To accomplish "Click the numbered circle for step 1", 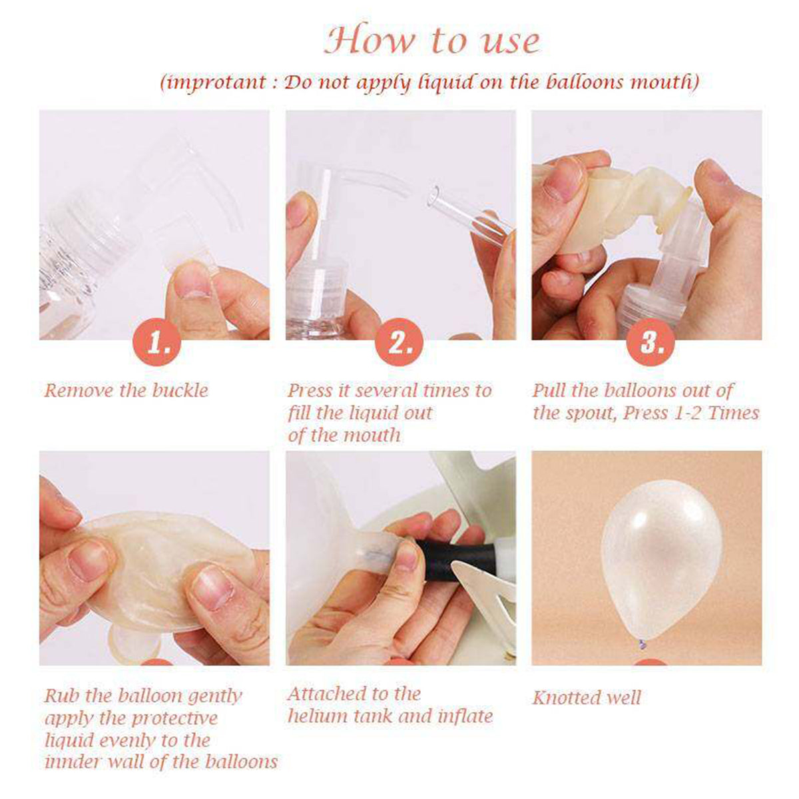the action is [x=156, y=342].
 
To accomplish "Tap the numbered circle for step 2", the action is [x=399, y=342].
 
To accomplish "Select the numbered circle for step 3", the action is [x=650, y=342].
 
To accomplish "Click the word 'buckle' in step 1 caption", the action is [x=180, y=390].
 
